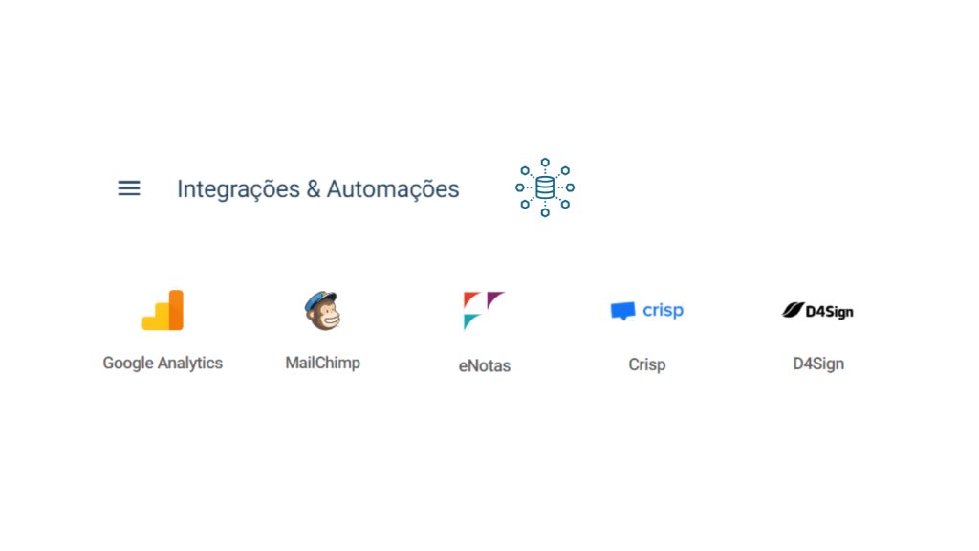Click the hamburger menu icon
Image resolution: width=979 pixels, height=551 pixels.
129,188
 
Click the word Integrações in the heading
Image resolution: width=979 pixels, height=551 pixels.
238,189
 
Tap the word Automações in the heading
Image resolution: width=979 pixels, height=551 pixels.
393,189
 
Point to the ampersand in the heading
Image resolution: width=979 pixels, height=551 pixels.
314,189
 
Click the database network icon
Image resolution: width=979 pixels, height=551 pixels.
545,187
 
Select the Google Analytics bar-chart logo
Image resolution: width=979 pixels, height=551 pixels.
163,310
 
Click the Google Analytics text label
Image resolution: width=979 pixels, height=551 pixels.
163,363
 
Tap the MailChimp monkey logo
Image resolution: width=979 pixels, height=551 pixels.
323,311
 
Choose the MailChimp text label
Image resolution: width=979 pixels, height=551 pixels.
323,363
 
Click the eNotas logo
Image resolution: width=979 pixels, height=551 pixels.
484,311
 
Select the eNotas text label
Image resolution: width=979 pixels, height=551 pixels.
485,365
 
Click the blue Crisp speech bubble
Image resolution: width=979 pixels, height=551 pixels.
622,311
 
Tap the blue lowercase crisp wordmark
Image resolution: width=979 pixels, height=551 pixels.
664,311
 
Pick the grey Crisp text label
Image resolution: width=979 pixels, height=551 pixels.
647,364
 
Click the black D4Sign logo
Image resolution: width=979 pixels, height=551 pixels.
818,311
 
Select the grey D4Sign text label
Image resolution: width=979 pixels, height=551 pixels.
818,364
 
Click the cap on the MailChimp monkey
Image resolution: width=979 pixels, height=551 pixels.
322,297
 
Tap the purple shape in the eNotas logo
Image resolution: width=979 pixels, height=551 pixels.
495,298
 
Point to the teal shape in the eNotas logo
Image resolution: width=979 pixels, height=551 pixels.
470,321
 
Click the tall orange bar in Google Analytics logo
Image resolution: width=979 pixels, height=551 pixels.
176,310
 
